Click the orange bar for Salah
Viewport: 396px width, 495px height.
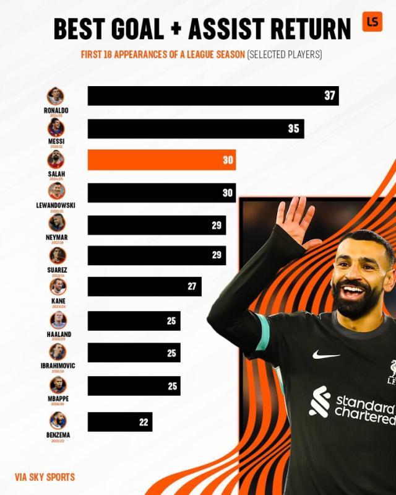(x=161, y=160)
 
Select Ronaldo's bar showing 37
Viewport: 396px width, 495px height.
(x=213, y=95)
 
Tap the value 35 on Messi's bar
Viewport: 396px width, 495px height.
(x=293, y=128)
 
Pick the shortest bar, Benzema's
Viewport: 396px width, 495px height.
(x=119, y=422)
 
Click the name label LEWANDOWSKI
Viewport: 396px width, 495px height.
(x=56, y=205)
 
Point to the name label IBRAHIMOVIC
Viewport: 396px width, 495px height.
(x=56, y=366)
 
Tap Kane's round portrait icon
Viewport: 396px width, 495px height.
(x=57, y=287)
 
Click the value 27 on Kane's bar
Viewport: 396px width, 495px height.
(x=191, y=286)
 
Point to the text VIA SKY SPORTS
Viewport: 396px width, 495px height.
(x=45, y=478)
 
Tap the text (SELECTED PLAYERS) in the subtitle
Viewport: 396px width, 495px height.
(x=285, y=55)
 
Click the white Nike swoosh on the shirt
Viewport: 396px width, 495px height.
(x=325, y=355)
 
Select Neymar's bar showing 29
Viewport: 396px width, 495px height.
(x=157, y=225)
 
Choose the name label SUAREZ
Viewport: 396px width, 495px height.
(x=56, y=270)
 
